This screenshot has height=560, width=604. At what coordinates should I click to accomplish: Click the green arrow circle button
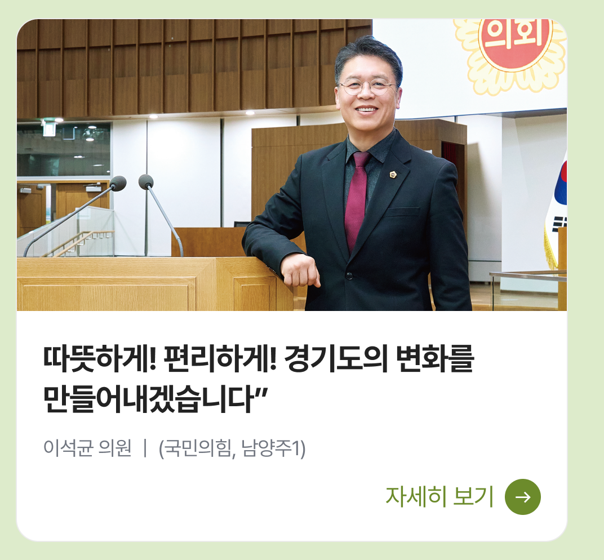pos(523,497)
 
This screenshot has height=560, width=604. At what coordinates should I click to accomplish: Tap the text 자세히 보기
pos(439,497)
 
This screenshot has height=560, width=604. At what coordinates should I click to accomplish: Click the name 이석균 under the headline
pos(68,448)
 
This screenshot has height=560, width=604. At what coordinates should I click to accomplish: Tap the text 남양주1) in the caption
pos(273,448)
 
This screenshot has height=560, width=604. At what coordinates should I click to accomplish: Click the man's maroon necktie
pos(356,199)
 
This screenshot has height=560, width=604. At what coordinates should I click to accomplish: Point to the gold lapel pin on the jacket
pos(393,175)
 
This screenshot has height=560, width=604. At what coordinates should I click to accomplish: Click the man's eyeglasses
pos(366,86)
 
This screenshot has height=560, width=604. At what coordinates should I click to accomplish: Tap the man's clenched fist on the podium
pos(300,270)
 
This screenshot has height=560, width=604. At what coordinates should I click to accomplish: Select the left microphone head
pos(118,183)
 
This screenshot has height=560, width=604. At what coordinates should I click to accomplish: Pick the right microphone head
pos(146,181)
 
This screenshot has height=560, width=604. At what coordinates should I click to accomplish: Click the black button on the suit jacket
pos(349,275)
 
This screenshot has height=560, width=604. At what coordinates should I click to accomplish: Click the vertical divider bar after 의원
pos(145,448)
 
